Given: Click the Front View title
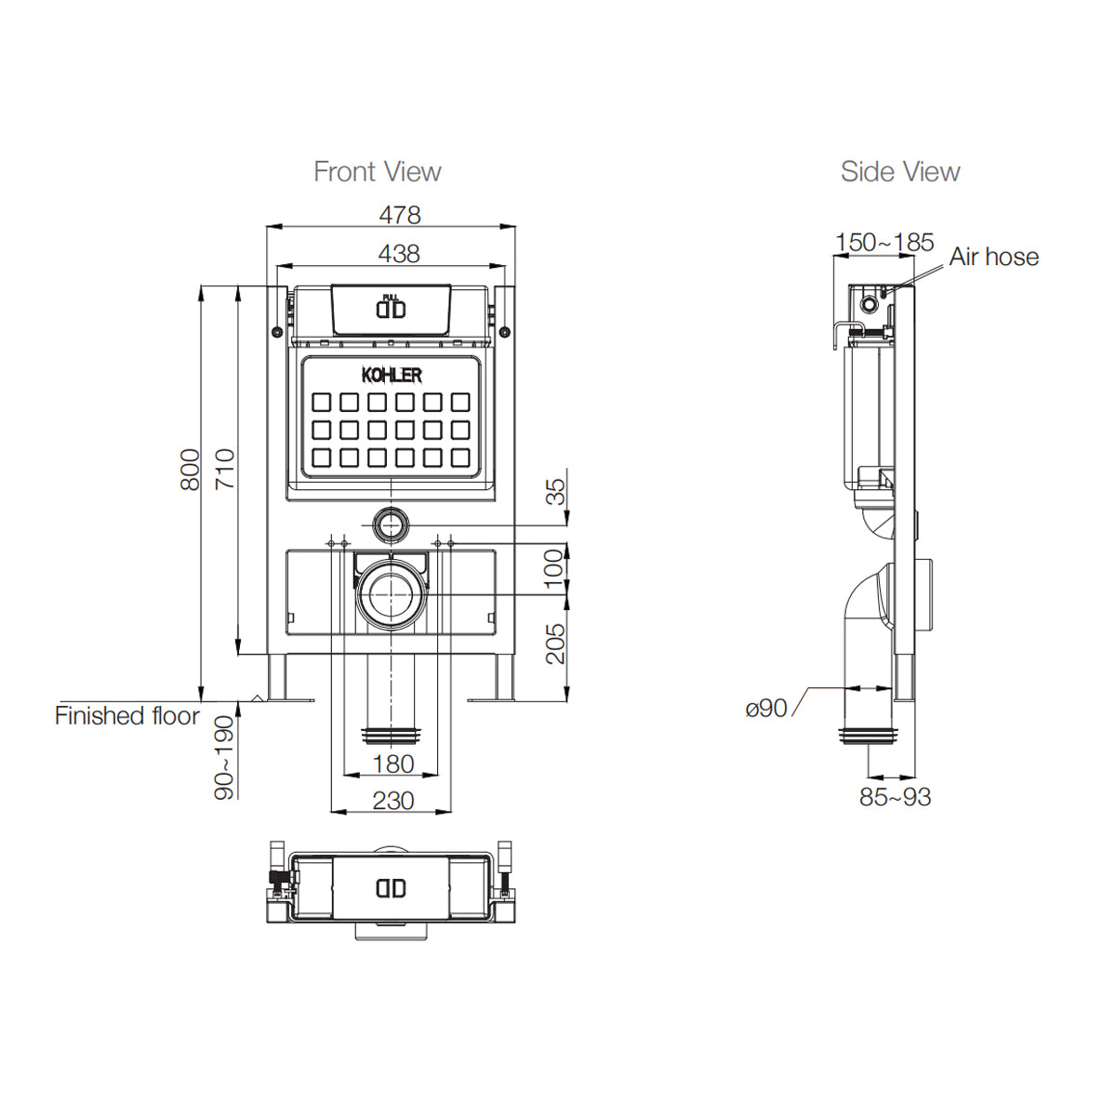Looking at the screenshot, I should click(377, 172).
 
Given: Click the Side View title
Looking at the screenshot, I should click(899, 172).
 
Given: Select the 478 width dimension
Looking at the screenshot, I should click(400, 215).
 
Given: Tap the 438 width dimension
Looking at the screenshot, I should click(399, 253).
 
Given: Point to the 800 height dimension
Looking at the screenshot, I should click(190, 470).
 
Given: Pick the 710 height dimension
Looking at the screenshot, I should click(225, 470).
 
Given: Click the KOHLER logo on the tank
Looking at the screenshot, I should click(391, 375).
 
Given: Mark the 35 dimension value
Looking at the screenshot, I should click(554, 491).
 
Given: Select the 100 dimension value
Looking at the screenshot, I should click(554, 568).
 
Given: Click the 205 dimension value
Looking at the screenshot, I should click(554, 644).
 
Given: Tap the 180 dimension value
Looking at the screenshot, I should click(392, 764).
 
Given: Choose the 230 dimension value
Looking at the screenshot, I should click(392, 801).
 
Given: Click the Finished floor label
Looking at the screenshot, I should click(127, 716).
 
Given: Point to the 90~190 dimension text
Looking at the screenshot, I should click(225, 757).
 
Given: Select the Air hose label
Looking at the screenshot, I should click(993, 257).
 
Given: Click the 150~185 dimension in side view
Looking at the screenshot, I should click(883, 242).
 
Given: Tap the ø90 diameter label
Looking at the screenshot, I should click(766, 709).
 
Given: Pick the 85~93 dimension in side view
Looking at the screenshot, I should click(895, 797).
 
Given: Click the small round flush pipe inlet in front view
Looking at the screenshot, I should click(391, 525).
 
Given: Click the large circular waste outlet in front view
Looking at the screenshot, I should click(391, 592).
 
